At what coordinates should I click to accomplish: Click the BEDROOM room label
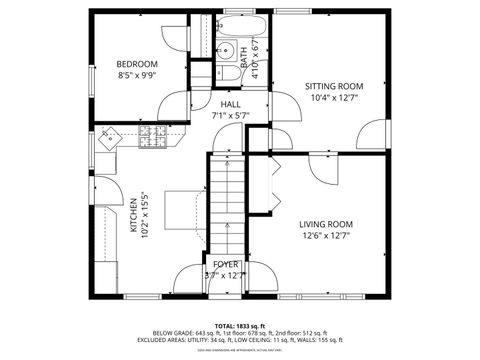[137, 62]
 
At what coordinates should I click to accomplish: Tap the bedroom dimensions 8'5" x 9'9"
[137, 74]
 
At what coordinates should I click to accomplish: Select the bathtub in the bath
[240, 26]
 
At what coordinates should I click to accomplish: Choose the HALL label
[231, 104]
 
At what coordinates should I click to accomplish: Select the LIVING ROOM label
[326, 224]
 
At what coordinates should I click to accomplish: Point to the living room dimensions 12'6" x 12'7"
[326, 236]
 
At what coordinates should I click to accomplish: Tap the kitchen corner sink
[109, 137]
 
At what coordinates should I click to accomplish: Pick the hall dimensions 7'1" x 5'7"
[231, 116]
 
